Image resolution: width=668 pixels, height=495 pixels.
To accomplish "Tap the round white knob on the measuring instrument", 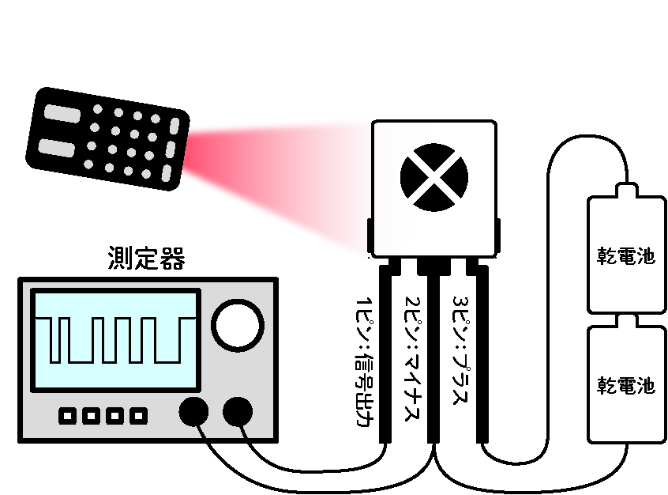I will click(238, 325).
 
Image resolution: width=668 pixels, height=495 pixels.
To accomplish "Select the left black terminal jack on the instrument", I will click(194, 412).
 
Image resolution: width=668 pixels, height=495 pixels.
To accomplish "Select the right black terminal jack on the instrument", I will click(238, 412).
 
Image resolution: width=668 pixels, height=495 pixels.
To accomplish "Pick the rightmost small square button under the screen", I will click(139, 415).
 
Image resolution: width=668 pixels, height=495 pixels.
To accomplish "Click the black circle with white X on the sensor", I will click(433, 179).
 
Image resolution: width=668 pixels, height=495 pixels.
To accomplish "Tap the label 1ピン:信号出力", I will click(365, 360).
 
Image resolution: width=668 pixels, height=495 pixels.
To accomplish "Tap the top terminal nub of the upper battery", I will click(625, 190).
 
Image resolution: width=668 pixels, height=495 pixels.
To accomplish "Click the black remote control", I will click(107, 138).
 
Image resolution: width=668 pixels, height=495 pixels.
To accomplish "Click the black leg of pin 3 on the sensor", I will click(481, 356).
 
